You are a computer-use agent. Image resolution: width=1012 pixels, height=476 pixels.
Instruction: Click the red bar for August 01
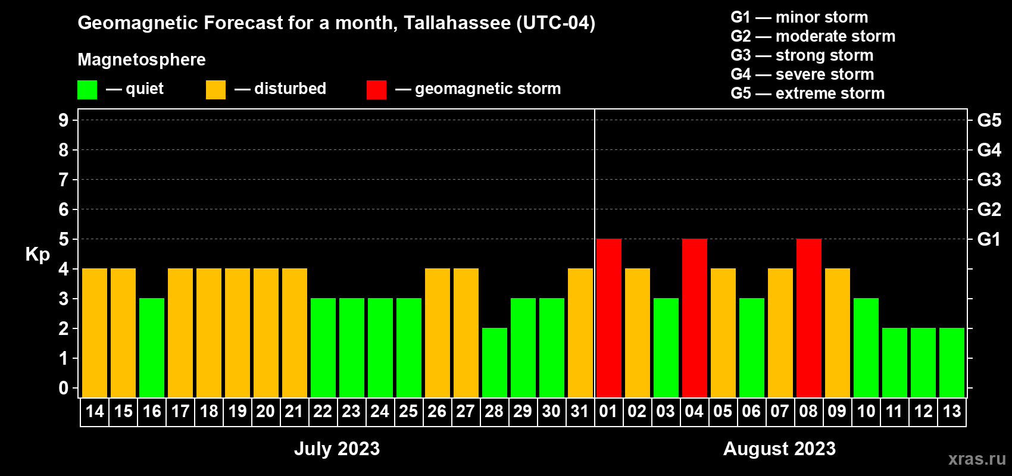click(x=608, y=318)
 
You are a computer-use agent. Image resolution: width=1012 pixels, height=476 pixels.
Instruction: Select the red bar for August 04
click(x=694, y=318)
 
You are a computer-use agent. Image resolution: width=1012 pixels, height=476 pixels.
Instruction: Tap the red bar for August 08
click(x=808, y=318)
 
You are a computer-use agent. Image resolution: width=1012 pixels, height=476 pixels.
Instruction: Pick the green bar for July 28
click(x=494, y=362)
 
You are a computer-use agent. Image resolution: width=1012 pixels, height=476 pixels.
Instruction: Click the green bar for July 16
click(x=152, y=347)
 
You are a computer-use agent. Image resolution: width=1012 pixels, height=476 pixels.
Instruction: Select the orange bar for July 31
click(x=580, y=333)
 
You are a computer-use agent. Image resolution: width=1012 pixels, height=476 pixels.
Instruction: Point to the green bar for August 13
click(x=951, y=362)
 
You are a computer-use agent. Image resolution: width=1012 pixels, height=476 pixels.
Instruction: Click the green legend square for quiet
click(x=87, y=90)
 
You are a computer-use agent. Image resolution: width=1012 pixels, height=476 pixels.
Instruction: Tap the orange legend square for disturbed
click(x=215, y=90)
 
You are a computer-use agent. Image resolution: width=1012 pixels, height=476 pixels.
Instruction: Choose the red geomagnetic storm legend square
click(x=376, y=90)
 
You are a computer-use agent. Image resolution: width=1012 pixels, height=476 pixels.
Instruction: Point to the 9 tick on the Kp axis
click(x=64, y=120)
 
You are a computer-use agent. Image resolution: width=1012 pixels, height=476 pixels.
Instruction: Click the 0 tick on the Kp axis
click(x=64, y=388)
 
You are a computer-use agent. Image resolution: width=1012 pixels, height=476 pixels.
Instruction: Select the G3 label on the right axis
click(x=989, y=180)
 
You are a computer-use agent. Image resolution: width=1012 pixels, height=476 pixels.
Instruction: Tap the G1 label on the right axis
click(x=989, y=239)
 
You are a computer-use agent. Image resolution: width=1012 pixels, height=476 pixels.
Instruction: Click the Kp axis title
click(x=38, y=255)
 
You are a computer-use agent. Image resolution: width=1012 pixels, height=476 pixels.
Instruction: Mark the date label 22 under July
click(x=323, y=411)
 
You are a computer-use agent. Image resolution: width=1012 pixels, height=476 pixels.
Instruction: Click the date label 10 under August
click(x=866, y=411)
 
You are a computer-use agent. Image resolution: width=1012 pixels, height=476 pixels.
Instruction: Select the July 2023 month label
click(x=337, y=449)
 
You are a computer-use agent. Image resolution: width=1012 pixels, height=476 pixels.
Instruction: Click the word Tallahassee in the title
click(x=457, y=23)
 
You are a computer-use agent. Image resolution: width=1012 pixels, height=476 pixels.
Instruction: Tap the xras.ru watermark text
click(x=976, y=459)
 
